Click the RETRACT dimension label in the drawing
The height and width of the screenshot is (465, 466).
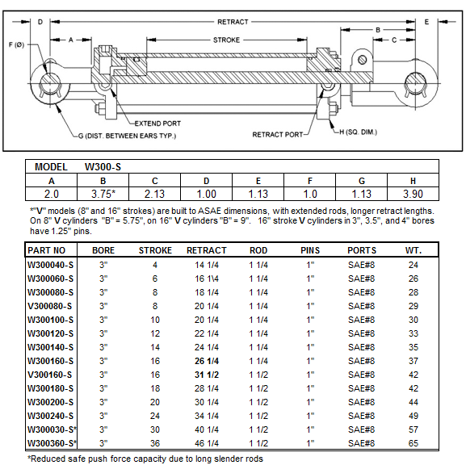click(x=233, y=22)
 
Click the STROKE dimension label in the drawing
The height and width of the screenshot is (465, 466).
click(x=226, y=40)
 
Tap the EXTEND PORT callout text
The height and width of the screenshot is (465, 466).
click(x=157, y=124)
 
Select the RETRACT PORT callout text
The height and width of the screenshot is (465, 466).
click(x=278, y=135)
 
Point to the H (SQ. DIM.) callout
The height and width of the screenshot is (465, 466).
click(x=358, y=132)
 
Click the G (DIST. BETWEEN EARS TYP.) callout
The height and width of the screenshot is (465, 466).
click(x=127, y=136)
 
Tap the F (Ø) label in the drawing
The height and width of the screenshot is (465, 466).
click(x=16, y=45)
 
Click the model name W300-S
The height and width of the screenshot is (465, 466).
click(x=103, y=167)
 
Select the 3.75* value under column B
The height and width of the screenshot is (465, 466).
click(x=103, y=194)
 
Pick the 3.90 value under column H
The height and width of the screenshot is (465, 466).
click(x=413, y=194)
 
